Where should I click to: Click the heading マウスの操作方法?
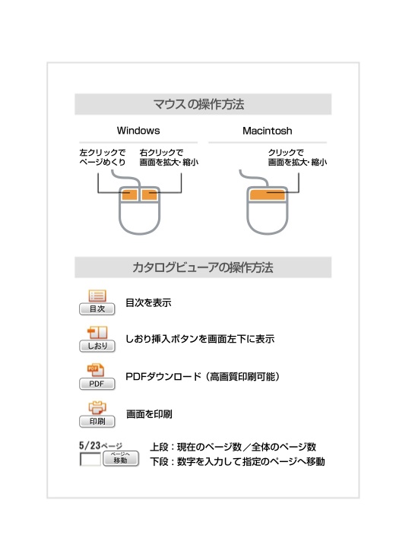[198, 104]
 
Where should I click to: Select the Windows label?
[138, 131]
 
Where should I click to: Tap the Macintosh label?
[268, 131]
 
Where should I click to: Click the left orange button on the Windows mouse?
[129, 195]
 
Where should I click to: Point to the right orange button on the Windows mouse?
[150, 195]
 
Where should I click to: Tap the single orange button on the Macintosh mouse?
[268, 195]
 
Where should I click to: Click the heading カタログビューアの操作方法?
[203, 267]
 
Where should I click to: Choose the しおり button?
[97, 346]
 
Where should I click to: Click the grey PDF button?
[97, 384]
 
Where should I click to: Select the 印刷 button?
[97, 422]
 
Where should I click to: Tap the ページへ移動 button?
[121, 458]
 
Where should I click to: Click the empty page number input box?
[90, 459]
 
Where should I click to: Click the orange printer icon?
[97, 407]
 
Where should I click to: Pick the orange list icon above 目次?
[97, 296]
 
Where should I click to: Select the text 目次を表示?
[148, 303]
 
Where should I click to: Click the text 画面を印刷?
[149, 414]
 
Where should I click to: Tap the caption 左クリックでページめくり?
[103, 157]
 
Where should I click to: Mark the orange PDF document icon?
[96, 370]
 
